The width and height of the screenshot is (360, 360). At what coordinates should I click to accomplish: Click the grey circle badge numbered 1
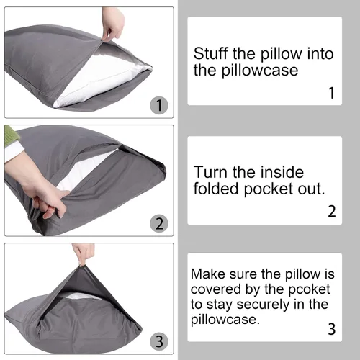click(159, 105)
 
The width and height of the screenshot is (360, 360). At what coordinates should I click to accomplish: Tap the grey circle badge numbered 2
click(159, 223)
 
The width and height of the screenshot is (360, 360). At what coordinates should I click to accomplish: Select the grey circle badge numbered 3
click(159, 341)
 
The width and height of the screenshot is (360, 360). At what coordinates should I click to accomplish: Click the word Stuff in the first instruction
click(210, 53)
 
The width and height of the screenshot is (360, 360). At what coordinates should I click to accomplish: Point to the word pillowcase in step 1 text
click(260, 71)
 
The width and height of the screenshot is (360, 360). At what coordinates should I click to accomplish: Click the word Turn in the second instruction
click(210, 172)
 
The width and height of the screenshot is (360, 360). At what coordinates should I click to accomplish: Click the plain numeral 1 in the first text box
click(331, 93)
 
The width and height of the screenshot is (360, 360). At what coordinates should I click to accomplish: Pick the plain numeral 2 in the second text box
click(332, 211)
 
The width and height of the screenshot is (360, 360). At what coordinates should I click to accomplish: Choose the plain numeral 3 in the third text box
click(332, 329)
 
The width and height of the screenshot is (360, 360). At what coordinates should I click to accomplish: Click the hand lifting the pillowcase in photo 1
click(112, 24)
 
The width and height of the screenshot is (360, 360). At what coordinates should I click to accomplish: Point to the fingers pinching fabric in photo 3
click(84, 254)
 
